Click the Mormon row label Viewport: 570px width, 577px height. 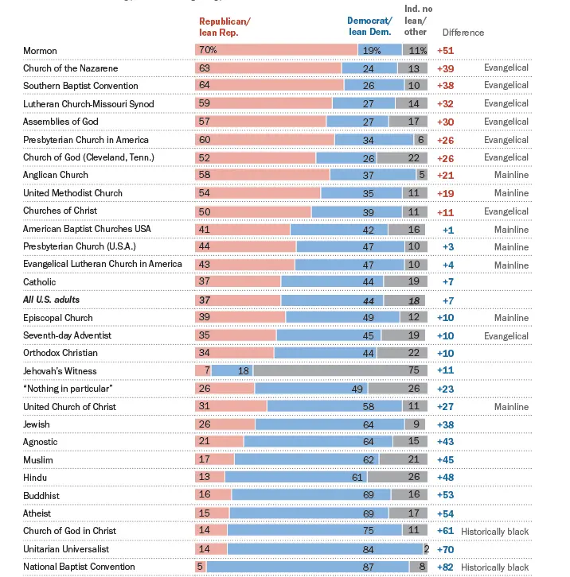tap(40, 51)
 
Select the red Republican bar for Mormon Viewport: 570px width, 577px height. tap(275, 50)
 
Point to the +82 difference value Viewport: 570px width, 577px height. tap(445, 567)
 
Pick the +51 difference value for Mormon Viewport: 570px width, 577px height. tap(445, 51)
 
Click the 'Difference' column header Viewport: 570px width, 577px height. tap(463, 33)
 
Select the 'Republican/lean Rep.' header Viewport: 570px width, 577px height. tap(224, 26)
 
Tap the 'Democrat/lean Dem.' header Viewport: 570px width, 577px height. tap(369, 26)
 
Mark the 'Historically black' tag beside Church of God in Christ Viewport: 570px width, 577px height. tap(494, 531)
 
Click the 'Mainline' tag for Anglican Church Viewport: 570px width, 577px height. tap(511, 175)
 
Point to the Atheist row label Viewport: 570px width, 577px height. tap(37, 513)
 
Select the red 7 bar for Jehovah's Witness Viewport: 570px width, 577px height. tap(203, 370)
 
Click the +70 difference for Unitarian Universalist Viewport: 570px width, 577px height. tap(445, 548)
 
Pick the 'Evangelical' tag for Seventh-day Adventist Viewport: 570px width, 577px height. tap(506, 335)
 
